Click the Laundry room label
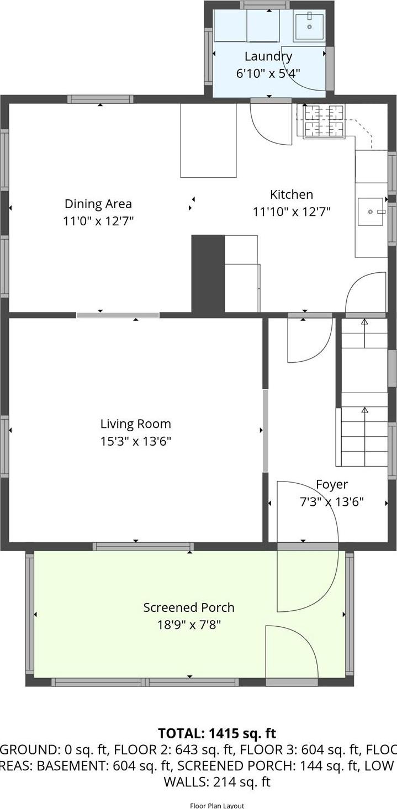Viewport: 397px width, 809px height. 268,56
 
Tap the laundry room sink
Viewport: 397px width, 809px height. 309,25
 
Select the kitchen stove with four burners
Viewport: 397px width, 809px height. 324,121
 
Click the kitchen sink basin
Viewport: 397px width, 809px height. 370,211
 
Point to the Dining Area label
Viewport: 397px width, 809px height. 98,204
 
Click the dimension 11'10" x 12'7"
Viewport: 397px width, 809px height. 292,211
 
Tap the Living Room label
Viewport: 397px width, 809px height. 135,424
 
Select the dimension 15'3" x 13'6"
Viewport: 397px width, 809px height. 135,441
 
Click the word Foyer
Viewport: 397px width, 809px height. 331,484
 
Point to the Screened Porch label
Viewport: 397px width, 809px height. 189,607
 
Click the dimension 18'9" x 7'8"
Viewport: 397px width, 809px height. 189,625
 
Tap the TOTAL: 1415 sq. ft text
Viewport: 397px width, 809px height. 216,733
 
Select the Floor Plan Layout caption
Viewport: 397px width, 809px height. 216,806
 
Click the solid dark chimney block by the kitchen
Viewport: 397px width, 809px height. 208,274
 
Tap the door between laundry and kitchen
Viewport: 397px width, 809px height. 271,101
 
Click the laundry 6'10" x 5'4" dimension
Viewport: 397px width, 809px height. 268,73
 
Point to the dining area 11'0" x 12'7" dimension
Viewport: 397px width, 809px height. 98,221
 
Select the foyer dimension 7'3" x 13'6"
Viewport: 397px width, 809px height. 331,502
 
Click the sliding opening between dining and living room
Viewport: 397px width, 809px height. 118,315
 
